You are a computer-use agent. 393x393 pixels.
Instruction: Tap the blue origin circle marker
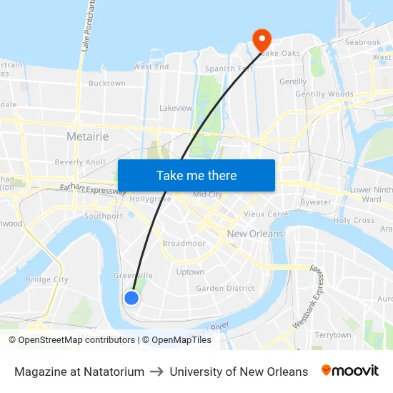[131, 298]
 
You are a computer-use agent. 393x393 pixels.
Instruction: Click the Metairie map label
[87, 136]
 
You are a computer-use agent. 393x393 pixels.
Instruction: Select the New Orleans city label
[255, 234]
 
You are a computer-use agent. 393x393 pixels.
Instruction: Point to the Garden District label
[225, 288]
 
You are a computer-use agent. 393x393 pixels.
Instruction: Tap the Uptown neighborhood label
[190, 272]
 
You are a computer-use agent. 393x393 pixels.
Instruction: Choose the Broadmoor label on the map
[184, 243]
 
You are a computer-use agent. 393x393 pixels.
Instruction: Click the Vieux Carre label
[266, 214]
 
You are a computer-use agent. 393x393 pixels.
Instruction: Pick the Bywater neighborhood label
[316, 202]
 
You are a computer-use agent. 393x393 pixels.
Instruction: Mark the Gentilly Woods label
[324, 94]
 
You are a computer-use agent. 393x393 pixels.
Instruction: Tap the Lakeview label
[176, 108]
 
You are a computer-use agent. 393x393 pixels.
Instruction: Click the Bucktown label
[107, 84]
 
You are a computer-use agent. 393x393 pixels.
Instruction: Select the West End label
[151, 66]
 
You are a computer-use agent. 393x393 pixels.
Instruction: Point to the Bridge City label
[46, 279]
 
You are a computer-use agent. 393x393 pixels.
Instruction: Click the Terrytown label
[333, 334]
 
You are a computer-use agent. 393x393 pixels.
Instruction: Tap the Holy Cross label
[354, 220]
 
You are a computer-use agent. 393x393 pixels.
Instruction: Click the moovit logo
[350, 371]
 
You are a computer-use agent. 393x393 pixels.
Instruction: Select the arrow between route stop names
[156, 372]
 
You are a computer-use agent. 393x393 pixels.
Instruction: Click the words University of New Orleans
[239, 372]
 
